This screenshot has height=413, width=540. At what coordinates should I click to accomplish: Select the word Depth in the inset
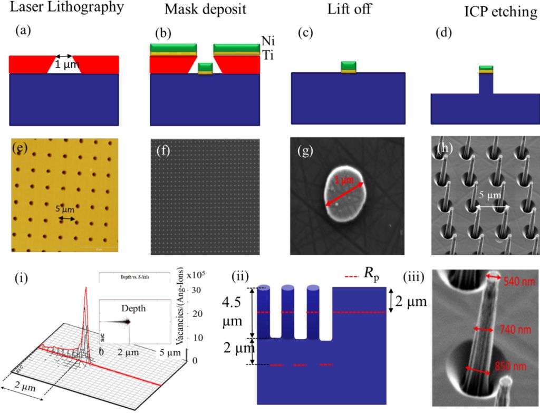[x=133, y=308]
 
